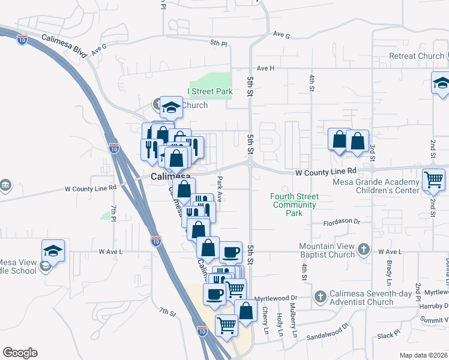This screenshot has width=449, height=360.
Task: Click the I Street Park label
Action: click(x=209, y=92)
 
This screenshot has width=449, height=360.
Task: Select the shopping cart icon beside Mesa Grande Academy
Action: click(x=433, y=179)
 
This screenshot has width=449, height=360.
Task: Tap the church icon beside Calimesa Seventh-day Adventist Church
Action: click(x=321, y=296)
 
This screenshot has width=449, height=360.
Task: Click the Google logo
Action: click(x=20, y=353)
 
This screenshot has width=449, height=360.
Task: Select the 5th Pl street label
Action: click(x=219, y=43)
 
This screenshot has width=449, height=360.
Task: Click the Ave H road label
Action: click(x=265, y=68)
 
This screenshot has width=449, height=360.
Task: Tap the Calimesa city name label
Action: click(x=170, y=177)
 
